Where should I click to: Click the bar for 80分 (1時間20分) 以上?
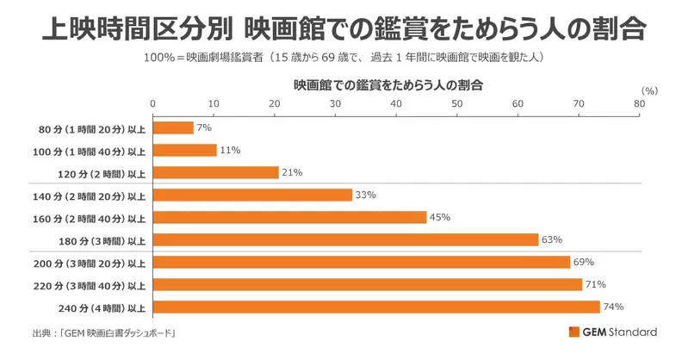click(173, 127)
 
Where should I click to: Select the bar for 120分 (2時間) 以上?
click(215, 172)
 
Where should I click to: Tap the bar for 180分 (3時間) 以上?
click(345, 239)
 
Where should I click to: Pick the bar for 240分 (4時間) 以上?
click(376, 307)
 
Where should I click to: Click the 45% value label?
click(441, 217)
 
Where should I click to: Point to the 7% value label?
click(205, 127)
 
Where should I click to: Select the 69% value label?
click(585, 262)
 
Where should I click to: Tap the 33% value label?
click(366, 195)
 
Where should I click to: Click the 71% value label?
click(596, 284)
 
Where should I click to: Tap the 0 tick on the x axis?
click(153, 102)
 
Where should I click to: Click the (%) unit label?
click(649, 90)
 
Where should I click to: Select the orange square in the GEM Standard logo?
click(574, 332)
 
